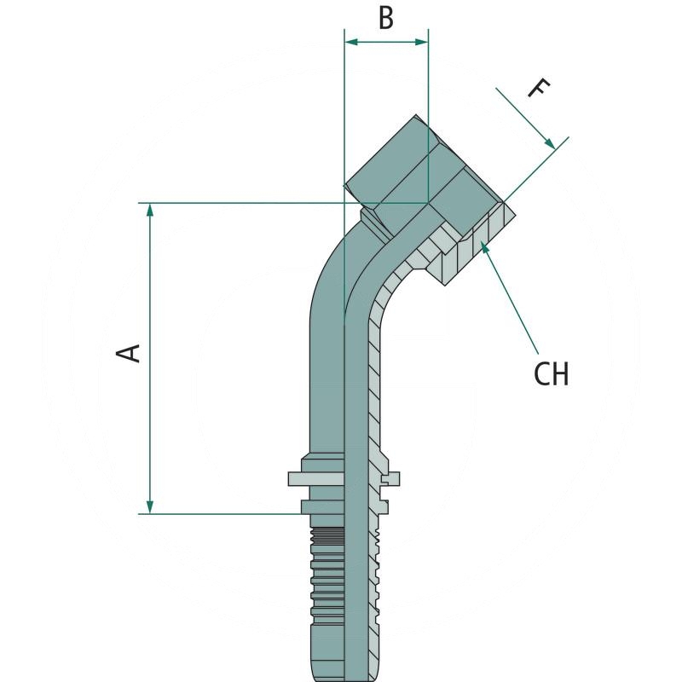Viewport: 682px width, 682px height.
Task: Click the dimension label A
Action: (129, 351)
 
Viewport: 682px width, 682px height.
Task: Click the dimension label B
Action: (386, 18)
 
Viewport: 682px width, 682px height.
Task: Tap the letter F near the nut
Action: (539, 88)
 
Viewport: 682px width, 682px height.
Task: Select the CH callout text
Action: (551, 373)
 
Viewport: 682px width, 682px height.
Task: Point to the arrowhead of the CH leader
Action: (483, 245)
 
